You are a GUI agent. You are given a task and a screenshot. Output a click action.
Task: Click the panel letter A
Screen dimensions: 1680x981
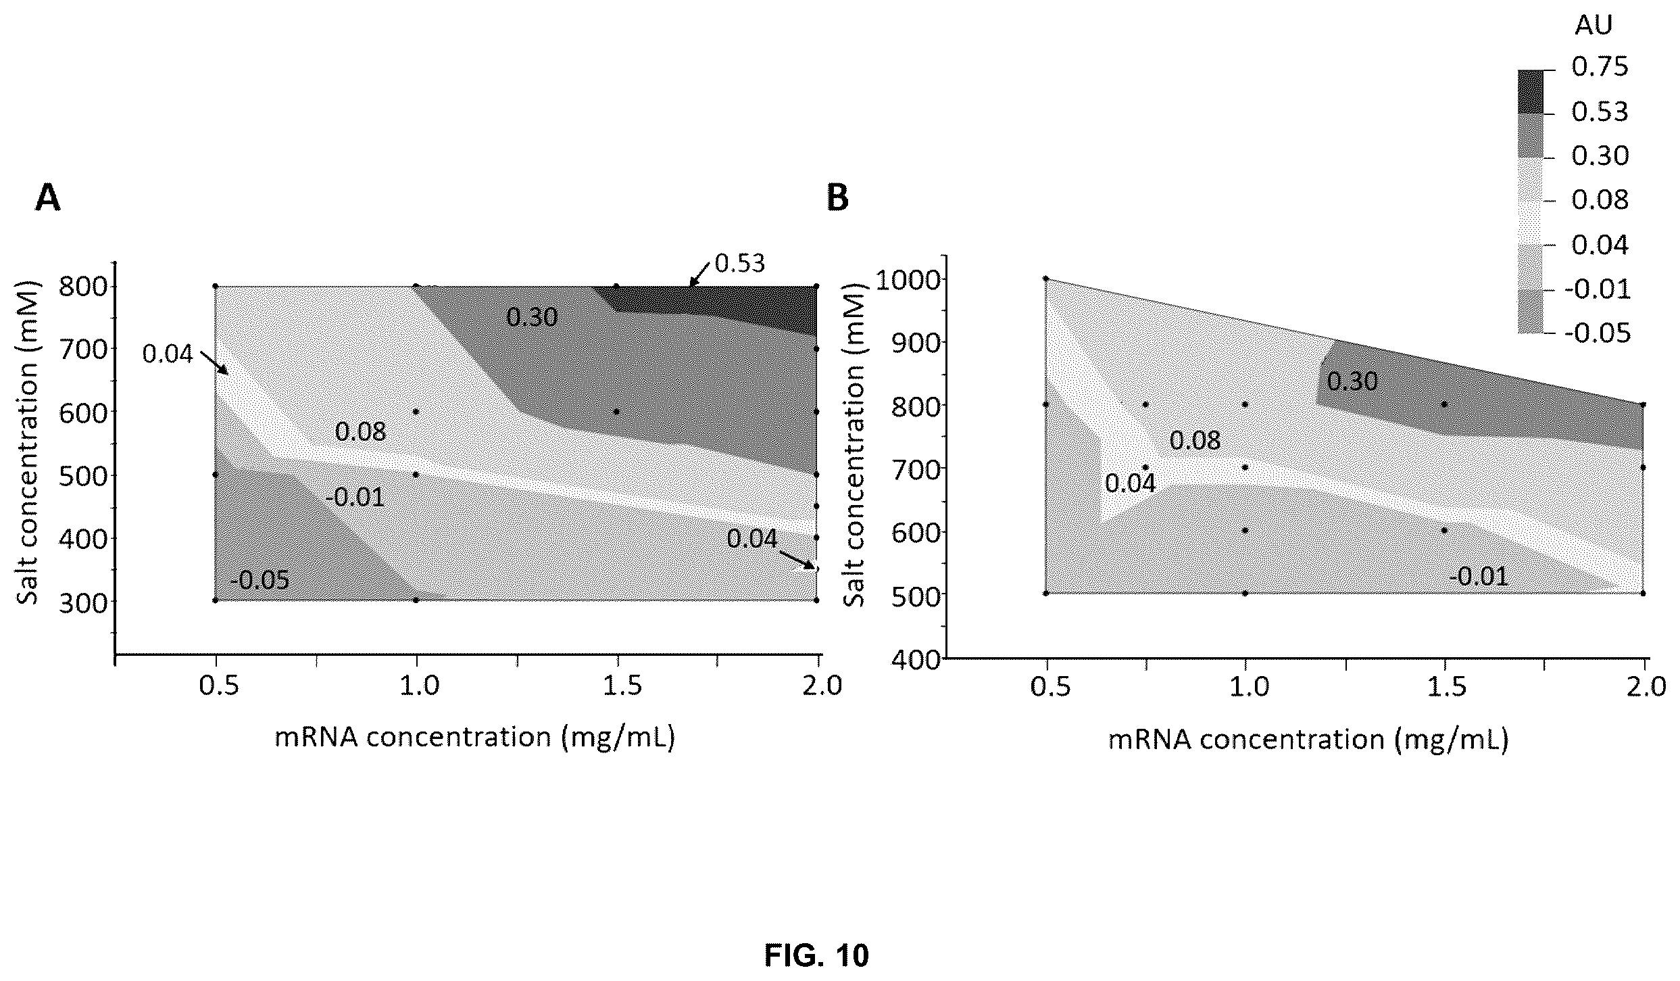point(48,198)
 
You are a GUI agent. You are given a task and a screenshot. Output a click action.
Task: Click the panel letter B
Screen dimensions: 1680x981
point(838,198)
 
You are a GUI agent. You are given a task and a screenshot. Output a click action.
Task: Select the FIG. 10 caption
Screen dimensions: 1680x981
point(816,955)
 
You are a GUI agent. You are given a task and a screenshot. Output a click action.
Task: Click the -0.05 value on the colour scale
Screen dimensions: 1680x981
point(1596,333)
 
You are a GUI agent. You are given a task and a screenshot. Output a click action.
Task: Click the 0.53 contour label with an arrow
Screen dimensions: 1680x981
point(739,264)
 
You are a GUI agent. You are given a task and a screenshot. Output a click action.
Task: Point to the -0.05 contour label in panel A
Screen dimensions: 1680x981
point(260,580)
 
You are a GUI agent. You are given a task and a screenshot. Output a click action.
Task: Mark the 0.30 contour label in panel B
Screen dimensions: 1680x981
point(1352,382)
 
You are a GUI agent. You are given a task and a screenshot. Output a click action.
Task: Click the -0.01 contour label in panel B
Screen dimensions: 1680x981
point(1478,577)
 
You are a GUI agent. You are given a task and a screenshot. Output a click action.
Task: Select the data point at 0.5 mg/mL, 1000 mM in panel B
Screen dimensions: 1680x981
point(1045,279)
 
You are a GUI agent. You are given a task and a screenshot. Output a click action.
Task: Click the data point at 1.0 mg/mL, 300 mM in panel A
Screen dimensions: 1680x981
point(416,600)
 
